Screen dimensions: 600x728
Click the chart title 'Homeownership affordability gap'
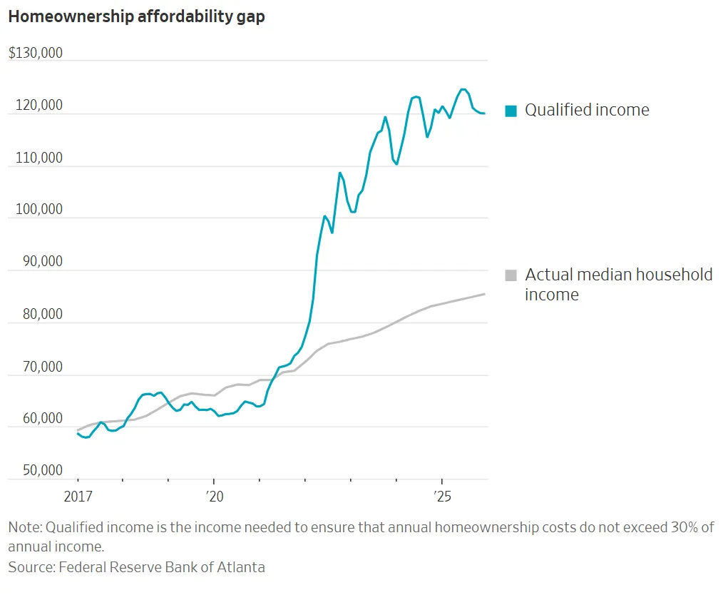[x=136, y=17]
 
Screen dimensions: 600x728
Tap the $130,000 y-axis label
[x=36, y=53]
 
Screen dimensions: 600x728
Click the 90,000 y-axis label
[x=36, y=261]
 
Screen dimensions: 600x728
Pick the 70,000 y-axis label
[x=36, y=367]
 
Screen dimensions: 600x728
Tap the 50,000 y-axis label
[x=36, y=471]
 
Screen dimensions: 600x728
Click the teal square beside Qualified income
[x=511, y=111]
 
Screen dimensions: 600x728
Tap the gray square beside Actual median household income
[x=511, y=275]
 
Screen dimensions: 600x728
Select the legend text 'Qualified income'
[x=587, y=110]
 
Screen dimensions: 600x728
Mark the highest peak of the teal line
[x=463, y=89]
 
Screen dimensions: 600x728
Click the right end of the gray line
[x=486, y=294]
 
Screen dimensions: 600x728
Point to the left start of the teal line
[x=78, y=433]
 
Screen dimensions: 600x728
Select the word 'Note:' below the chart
[x=26, y=527]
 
